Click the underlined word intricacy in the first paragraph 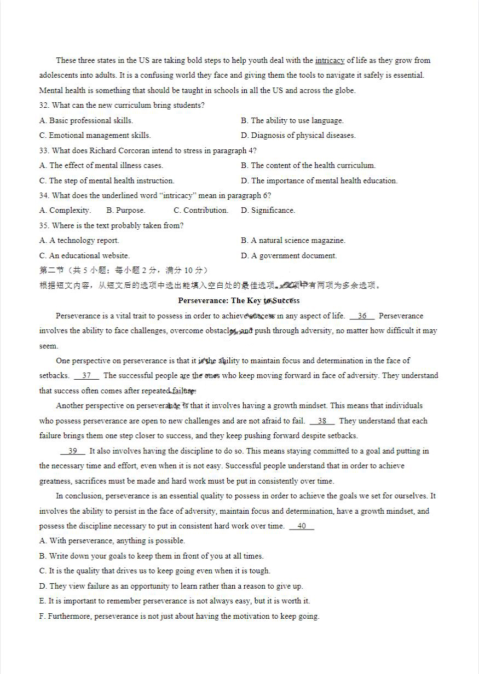pos(330,60)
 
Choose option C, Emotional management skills pos(95,135)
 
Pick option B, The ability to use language pos(292,120)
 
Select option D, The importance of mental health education pos(319,181)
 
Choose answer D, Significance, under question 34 pos(268,210)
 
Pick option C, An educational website pos(84,255)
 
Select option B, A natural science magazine pos(293,240)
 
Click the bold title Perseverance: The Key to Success pos(239,300)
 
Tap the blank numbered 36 pos(362,316)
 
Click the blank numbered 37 pos(86,375)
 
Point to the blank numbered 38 pos(322,421)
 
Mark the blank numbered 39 pos(72,451)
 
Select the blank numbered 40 pos(302,526)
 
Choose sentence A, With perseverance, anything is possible pos(112,541)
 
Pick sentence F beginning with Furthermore pos(179,616)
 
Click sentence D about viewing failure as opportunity pos(171,586)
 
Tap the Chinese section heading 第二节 pos(52,270)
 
